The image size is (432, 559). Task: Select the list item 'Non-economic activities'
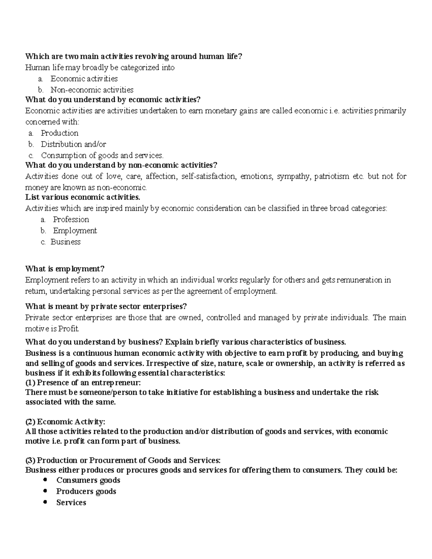[92, 90]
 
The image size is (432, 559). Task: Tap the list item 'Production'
[59, 133]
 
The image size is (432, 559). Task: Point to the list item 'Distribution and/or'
[73, 144]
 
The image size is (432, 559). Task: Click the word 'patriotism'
[332, 176]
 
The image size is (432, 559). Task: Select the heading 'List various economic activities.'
[82, 197]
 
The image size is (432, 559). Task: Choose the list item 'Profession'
[71, 220]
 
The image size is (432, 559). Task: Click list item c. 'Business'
[66, 242]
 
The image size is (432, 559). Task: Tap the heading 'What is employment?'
[65, 269]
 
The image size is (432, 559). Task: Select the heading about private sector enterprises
[106, 307]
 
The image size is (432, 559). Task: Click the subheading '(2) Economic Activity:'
[65, 422]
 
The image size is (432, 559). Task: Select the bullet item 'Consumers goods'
[88, 480]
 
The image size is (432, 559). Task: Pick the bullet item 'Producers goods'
[86, 491]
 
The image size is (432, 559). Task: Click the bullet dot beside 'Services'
[45, 502]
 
